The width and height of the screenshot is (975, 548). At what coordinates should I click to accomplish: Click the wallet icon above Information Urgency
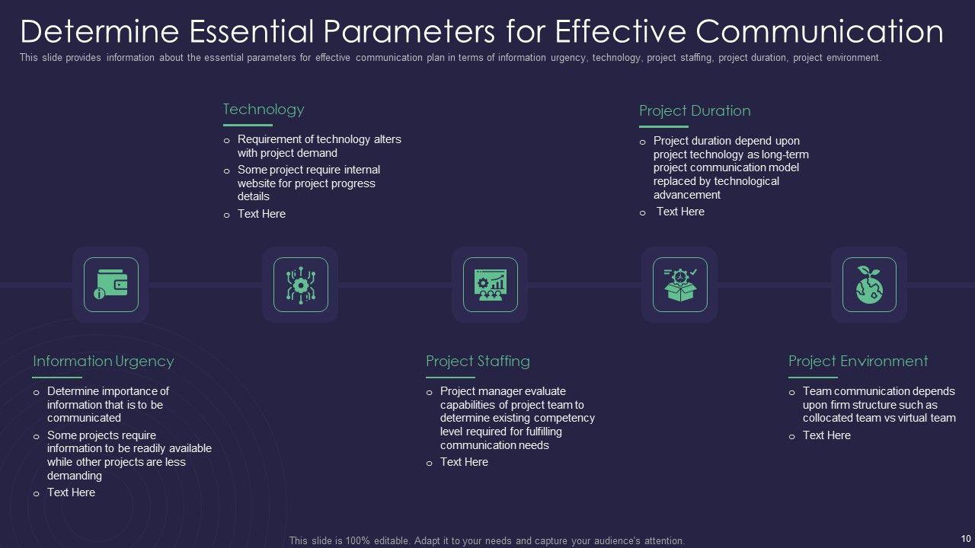110,285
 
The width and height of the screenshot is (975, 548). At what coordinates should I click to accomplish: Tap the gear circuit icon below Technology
300,285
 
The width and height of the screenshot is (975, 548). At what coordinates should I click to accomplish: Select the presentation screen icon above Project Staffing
490,285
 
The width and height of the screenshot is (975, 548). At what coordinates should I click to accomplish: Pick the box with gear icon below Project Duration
679,285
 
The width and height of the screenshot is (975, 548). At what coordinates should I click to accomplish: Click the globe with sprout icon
868,285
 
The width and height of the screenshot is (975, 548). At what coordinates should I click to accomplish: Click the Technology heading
263,109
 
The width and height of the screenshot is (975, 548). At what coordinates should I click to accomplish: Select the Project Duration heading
695,110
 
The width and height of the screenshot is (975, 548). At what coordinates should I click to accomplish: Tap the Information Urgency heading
104,361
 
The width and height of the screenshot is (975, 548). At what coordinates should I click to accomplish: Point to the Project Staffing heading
478,361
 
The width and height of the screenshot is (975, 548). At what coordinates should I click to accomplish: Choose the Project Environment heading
858,361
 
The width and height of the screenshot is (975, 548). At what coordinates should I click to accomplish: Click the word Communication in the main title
820,31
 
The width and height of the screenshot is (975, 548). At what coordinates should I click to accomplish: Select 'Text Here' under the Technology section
261,214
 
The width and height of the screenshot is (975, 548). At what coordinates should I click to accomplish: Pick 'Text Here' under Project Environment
826,435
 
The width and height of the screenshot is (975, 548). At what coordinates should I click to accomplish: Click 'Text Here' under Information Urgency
71,492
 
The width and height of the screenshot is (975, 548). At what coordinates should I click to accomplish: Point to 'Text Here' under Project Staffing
464,462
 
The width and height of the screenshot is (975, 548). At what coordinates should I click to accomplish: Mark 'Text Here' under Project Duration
680,212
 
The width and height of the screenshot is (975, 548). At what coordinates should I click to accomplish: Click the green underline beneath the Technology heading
248,125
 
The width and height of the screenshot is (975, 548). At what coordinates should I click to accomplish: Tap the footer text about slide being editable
487,540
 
